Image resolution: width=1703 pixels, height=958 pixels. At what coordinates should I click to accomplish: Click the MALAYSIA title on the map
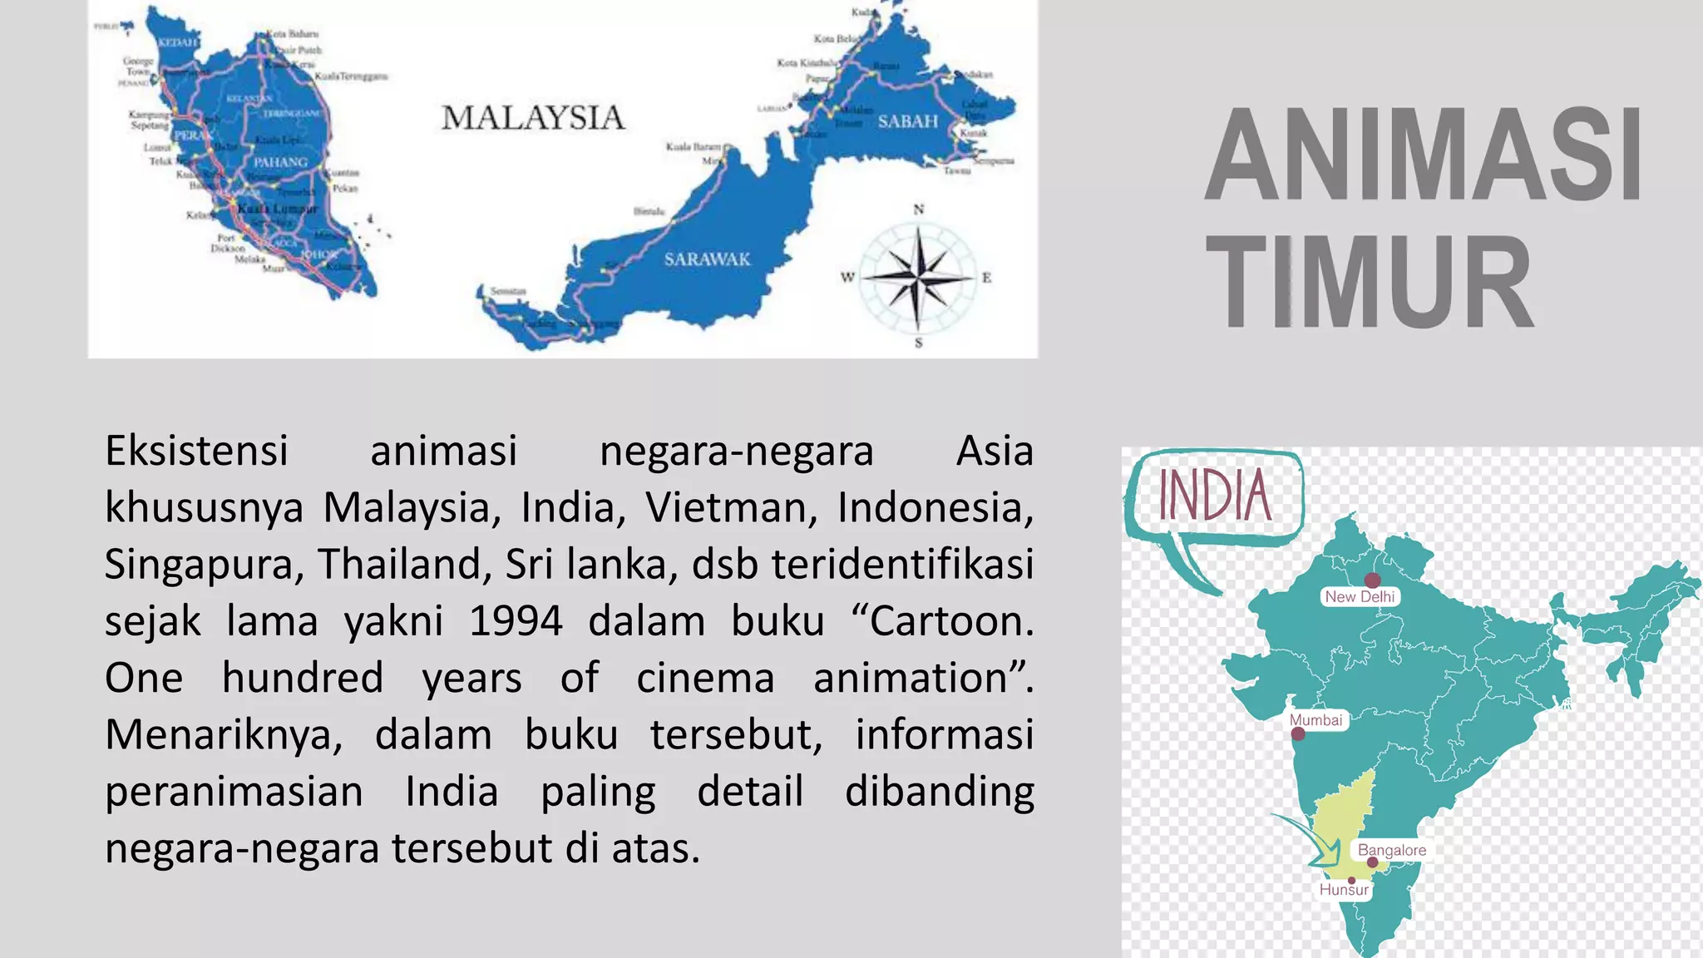click(x=533, y=118)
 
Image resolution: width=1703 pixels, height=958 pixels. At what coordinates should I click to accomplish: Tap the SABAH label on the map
click(x=907, y=121)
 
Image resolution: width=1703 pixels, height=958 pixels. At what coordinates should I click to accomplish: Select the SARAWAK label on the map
click(x=707, y=259)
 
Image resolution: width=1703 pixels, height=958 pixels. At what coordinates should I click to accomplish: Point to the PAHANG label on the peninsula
click(x=280, y=162)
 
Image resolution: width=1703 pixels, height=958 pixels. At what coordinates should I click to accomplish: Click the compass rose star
click(x=917, y=276)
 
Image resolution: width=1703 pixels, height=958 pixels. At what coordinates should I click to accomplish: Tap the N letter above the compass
click(x=919, y=210)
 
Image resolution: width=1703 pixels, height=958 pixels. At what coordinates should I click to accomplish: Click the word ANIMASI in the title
click(x=1424, y=156)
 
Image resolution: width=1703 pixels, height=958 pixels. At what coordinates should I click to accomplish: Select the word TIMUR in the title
click(x=1369, y=283)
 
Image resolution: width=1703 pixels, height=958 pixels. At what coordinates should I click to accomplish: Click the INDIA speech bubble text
click(x=1215, y=496)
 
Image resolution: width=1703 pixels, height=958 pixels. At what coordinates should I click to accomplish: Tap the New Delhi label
click(x=1360, y=596)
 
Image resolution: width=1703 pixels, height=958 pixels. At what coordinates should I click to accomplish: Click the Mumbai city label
click(x=1316, y=719)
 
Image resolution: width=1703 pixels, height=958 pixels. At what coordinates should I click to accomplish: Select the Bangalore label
click(x=1391, y=850)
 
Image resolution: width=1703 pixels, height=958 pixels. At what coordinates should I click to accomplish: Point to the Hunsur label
click(x=1344, y=890)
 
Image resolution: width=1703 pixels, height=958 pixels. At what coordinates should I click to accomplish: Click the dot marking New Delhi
click(x=1372, y=580)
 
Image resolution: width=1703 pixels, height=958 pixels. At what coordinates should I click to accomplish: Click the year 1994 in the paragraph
click(x=516, y=621)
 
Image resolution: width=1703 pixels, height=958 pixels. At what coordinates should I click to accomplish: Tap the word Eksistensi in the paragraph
click(x=196, y=452)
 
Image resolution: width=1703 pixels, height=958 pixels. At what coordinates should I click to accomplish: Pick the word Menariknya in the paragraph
click(x=223, y=735)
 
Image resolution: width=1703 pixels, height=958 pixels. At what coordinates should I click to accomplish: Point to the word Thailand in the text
click(x=399, y=565)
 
